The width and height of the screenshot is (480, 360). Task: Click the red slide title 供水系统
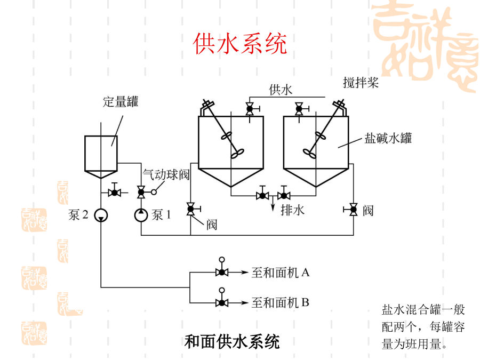239,43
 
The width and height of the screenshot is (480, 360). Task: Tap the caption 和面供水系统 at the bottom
232,341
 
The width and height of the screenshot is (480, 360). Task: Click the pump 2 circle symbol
101,215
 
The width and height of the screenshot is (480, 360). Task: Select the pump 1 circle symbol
141,215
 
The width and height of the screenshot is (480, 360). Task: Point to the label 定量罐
120,102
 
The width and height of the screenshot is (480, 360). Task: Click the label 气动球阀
166,175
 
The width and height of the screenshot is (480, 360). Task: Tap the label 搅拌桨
361,83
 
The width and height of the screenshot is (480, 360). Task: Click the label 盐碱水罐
388,138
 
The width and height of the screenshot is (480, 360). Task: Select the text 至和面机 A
281,273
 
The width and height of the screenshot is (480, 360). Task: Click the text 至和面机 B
281,303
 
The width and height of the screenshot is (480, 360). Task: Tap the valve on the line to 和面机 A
221,273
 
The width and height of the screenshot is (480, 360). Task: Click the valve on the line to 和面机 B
221,303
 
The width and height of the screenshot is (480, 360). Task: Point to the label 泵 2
78,215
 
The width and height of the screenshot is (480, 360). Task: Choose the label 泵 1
162,215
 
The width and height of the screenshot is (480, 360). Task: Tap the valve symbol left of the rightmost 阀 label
353,210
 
